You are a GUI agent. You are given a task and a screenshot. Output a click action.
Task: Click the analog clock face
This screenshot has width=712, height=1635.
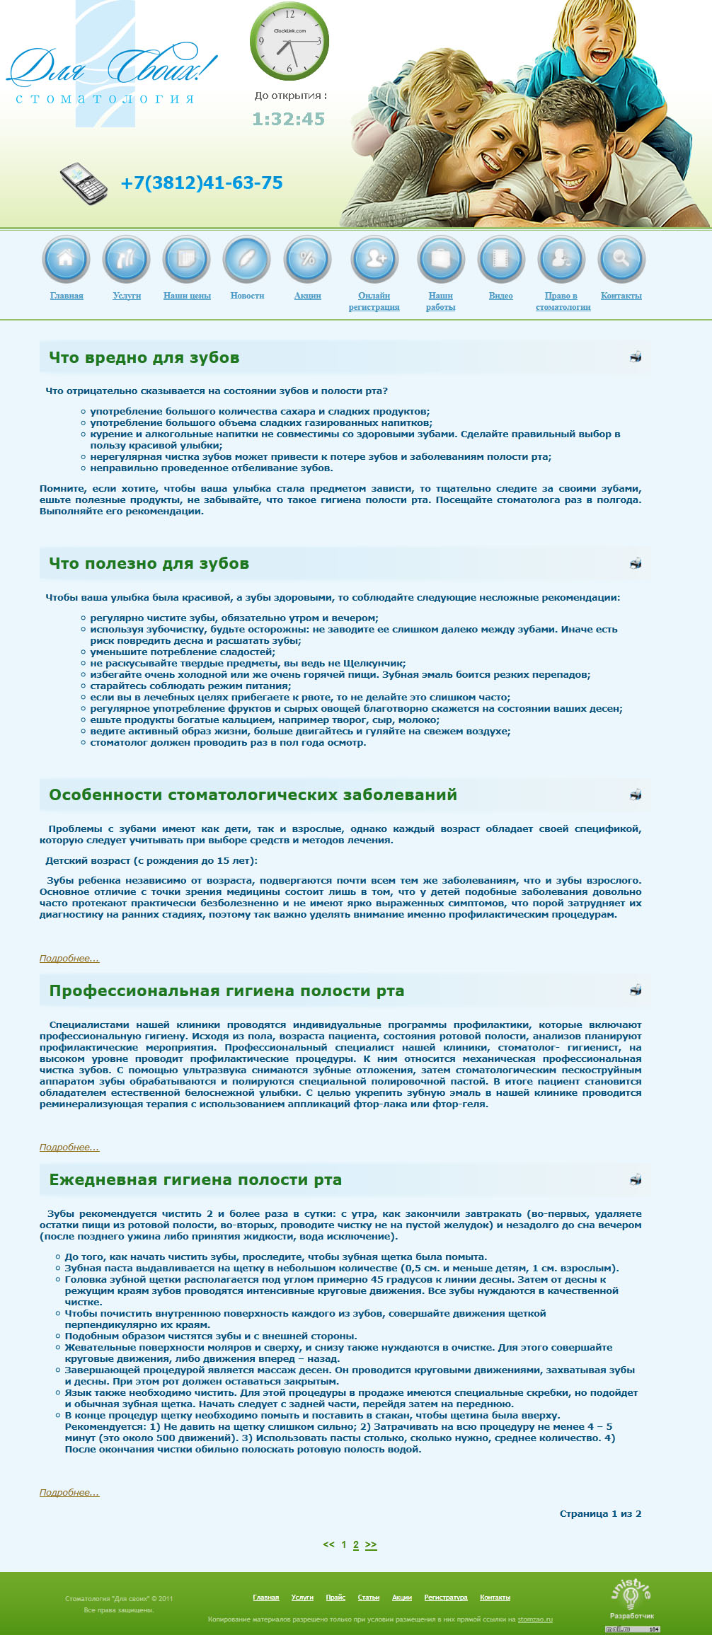(289, 41)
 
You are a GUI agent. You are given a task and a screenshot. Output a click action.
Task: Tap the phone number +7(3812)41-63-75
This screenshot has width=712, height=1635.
(202, 183)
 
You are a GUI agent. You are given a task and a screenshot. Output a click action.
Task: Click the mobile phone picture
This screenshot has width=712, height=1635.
(84, 183)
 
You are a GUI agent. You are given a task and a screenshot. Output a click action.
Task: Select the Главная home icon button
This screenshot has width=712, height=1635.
(66, 259)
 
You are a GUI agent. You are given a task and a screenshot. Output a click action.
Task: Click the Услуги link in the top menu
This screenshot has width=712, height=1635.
(127, 296)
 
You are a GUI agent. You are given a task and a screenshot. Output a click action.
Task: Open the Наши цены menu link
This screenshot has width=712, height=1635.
(187, 296)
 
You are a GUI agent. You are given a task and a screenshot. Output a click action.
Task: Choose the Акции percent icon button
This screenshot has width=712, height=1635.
(307, 259)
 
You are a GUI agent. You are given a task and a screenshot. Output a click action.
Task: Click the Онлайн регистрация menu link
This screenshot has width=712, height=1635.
(374, 301)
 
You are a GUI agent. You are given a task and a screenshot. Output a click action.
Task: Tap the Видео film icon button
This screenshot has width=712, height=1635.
(500, 259)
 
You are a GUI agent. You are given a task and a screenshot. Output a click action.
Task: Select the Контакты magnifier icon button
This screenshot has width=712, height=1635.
(621, 259)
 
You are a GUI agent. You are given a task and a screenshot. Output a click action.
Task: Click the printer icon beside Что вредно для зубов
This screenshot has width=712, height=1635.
(636, 357)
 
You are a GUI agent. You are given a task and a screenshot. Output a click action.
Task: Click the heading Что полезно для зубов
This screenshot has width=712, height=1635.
(149, 564)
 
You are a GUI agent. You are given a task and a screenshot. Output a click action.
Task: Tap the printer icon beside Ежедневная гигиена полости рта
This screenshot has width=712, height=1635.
(636, 1179)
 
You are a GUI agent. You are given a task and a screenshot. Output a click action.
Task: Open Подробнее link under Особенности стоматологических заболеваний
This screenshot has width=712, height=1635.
(69, 959)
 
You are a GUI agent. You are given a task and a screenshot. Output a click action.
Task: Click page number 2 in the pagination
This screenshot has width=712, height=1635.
(356, 1545)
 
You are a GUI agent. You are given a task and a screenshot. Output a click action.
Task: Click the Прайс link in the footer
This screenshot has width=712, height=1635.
(335, 1598)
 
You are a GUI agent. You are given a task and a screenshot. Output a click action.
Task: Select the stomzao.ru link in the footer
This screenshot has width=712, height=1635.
(534, 1619)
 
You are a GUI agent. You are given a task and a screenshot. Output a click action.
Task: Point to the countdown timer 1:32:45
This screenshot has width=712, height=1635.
(289, 119)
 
